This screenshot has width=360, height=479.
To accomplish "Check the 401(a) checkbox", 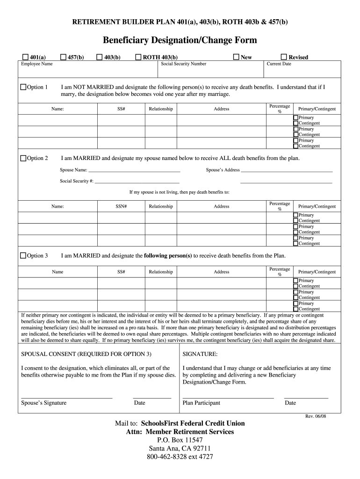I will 25,57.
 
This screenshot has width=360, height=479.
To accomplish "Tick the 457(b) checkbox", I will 63,57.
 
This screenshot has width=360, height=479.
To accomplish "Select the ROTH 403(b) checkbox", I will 138,57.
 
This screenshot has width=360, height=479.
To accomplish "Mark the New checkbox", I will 236,57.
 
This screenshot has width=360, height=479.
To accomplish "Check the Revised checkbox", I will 283,57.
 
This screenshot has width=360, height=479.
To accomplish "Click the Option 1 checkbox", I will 23,87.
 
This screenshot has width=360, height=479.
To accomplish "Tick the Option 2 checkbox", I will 23,158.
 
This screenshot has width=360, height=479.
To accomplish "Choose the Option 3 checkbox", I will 23,255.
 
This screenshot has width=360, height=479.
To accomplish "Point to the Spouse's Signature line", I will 66,398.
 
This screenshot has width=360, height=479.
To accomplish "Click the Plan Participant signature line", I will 228,398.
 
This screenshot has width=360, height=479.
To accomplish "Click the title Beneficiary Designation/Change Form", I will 180,41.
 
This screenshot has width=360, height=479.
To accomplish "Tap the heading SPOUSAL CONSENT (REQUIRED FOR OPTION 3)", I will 86,354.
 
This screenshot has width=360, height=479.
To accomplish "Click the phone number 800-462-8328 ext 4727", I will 180,457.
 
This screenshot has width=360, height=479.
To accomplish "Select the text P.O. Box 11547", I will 180,440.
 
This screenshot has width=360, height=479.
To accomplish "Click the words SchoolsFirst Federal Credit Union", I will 196,423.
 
